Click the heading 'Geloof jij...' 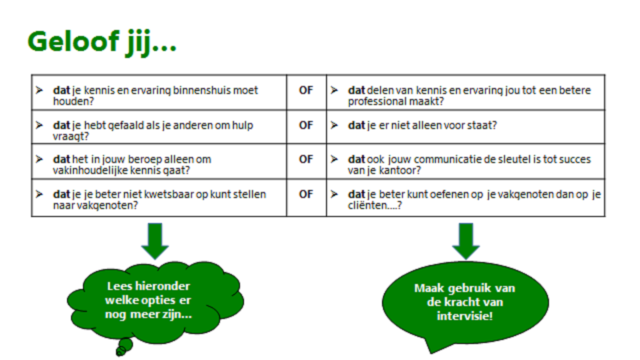(x=102, y=43)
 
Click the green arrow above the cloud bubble (x=155, y=241)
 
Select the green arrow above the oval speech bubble (x=466, y=241)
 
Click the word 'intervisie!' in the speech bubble (x=465, y=316)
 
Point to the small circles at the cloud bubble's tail (x=124, y=347)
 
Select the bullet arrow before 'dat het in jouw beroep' (x=39, y=159)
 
